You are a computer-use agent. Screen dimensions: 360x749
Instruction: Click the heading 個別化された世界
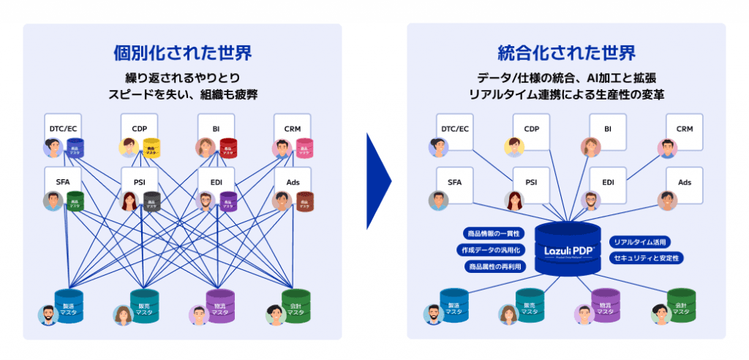click(x=182, y=53)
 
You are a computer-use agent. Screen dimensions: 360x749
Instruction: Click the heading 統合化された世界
click(x=566, y=53)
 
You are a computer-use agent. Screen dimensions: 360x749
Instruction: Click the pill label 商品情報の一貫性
click(x=493, y=233)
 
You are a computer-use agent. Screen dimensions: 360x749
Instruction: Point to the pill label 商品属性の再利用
click(x=493, y=266)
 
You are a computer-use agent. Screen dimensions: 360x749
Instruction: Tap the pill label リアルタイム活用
click(x=640, y=241)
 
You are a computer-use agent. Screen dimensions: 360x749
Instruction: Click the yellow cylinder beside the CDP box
click(x=151, y=149)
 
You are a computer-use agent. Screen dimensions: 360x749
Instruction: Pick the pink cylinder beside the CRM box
click(x=304, y=149)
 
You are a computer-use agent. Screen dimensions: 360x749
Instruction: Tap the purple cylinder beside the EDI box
click(x=228, y=202)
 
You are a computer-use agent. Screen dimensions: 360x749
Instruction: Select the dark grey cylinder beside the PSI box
click(x=151, y=202)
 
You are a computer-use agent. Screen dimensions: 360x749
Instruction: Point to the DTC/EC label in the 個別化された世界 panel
click(x=63, y=129)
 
